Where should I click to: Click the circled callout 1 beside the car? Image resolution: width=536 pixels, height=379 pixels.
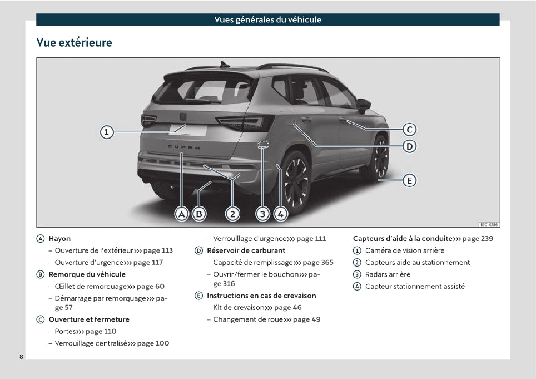[107, 132]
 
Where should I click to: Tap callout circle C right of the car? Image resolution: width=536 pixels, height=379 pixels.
[409, 130]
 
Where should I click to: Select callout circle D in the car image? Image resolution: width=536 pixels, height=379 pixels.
[409, 146]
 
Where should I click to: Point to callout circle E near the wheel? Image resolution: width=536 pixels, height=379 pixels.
[409, 180]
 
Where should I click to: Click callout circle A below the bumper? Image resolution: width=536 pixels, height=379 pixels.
[182, 214]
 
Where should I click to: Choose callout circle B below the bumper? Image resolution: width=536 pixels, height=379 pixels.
[198, 214]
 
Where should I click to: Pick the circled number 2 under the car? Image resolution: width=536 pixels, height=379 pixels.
[232, 214]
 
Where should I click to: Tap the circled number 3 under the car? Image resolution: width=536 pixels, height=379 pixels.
[263, 214]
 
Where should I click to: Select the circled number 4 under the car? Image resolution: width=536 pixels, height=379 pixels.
[280, 214]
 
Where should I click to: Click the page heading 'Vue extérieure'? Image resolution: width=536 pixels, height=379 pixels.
[74, 42]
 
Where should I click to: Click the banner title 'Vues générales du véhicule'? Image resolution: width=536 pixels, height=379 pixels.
[267, 19]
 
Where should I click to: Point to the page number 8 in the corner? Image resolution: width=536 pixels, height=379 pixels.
[21, 356]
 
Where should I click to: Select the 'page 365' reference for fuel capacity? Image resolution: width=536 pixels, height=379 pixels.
[318, 262]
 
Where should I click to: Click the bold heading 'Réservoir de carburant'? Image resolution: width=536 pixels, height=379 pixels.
[246, 250]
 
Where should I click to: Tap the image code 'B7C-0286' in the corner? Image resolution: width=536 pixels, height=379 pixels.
[489, 224]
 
